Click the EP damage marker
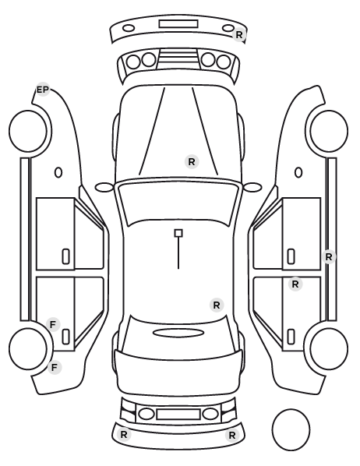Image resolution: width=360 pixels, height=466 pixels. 43,90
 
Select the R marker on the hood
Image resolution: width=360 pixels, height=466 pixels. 192,162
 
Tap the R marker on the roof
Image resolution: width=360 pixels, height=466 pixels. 217,305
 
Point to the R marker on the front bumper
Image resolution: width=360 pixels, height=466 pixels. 239,35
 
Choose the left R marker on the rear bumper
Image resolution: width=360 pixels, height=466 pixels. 124,435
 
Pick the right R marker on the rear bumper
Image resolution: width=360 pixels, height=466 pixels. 232,436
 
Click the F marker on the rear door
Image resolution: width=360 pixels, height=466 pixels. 53,324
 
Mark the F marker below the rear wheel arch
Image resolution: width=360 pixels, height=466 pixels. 54,368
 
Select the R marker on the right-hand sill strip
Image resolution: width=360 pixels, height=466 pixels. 329,257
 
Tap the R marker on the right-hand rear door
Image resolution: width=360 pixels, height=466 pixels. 295,284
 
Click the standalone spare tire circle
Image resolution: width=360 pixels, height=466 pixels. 291,429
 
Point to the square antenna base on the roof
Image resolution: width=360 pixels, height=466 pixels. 178,233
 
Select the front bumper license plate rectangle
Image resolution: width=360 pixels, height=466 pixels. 178,24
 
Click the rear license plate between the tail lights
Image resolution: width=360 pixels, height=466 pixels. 178,414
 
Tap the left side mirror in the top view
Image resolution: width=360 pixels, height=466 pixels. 104,187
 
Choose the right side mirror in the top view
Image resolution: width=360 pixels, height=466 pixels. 252,187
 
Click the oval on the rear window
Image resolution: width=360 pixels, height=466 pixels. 178,333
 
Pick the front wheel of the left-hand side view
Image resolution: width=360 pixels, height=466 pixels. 28,131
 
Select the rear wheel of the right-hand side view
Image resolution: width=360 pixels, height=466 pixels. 329,348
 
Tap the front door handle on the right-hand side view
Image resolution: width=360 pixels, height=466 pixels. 291,256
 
